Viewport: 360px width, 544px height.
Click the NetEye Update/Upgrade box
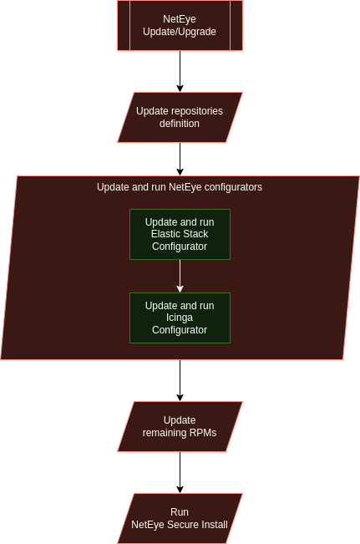(x=180, y=25)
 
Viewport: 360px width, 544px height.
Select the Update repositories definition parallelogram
(x=180, y=117)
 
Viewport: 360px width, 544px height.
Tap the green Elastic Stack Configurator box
(x=180, y=234)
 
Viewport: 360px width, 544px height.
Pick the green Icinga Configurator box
(x=180, y=318)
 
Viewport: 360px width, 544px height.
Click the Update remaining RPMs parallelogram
(x=180, y=426)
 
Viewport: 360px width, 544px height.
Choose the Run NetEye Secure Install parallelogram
(x=180, y=518)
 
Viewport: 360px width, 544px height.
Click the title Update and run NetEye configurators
(x=180, y=187)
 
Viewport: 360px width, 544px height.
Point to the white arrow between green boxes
(x=180, y=276)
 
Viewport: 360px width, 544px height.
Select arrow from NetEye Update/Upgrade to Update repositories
(x=180, y=72)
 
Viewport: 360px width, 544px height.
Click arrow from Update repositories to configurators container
(x=180, y=160)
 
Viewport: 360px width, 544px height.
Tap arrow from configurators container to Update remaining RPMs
(x=180, y=380)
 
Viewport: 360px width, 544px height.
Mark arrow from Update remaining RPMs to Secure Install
(x=180, y=472)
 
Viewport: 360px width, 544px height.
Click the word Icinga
(x=180, y=318)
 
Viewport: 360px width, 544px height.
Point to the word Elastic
(x=165, y=234)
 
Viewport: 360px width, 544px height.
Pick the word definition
(x=180, y=124)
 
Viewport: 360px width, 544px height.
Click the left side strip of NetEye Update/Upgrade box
(x=124, y=25)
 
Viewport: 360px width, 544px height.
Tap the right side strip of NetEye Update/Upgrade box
(x=236, y=25)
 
